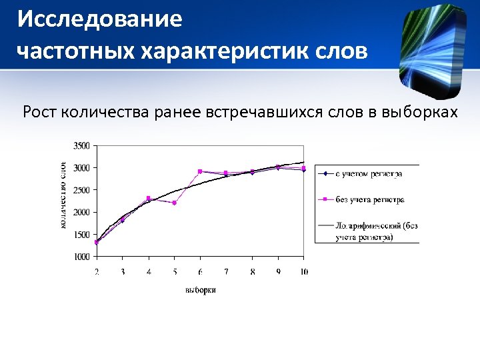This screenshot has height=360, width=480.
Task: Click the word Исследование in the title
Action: [x=99, y=19]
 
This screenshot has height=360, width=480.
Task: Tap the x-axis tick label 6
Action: [x=200, y=272]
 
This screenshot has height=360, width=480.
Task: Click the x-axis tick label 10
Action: [x=304, y=272]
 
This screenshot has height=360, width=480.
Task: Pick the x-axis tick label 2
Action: [x=97, y=272]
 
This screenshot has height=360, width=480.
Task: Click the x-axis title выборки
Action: [x=200, y=290]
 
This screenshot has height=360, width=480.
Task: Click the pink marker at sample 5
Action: [x=174, y=203]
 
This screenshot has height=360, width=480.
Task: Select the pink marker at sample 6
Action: [x=200, y=171]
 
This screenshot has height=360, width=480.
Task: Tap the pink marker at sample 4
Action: [x=148, y=198]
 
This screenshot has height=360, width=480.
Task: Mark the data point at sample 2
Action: [x=97, y=243]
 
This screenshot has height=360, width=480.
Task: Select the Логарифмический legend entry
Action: [x=373, y=231]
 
